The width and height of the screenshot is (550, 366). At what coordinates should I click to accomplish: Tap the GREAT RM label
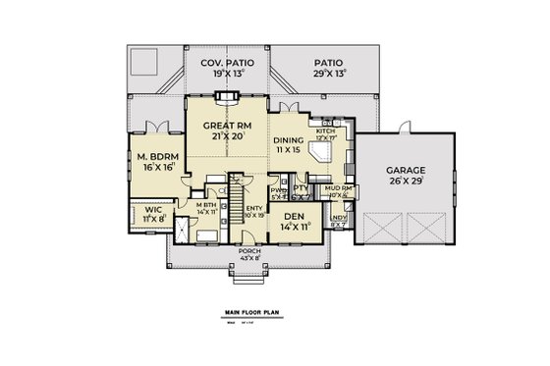[227, 126]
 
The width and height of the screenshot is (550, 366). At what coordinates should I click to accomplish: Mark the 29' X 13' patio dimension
[327, 74]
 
